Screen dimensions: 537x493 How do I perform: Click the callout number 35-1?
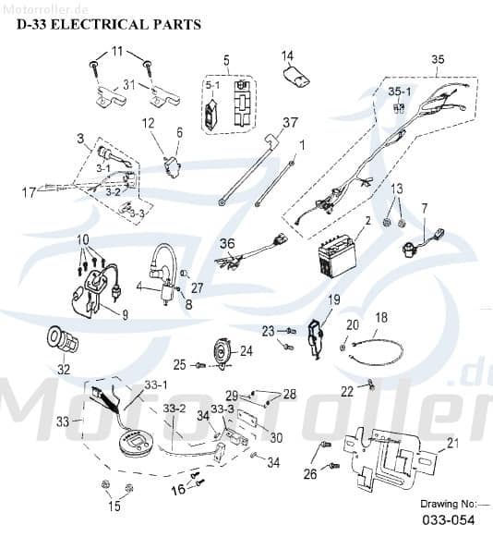point(398,92)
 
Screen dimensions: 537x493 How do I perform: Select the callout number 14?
point(287,55)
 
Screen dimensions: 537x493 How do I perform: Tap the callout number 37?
point(291,122)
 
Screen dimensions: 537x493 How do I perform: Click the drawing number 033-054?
point(451,520)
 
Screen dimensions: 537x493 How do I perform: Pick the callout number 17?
point(27,192)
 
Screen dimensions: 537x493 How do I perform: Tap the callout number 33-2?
point(175,408)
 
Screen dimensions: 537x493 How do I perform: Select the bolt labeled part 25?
point(200,366)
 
